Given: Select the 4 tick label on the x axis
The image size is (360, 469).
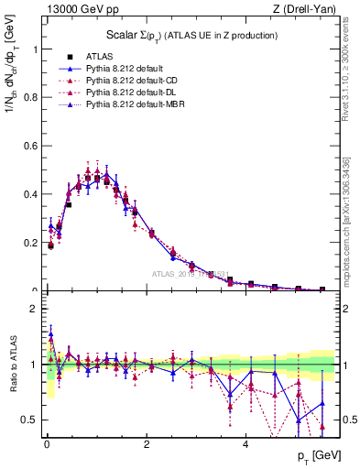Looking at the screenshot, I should tap(245, 445).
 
